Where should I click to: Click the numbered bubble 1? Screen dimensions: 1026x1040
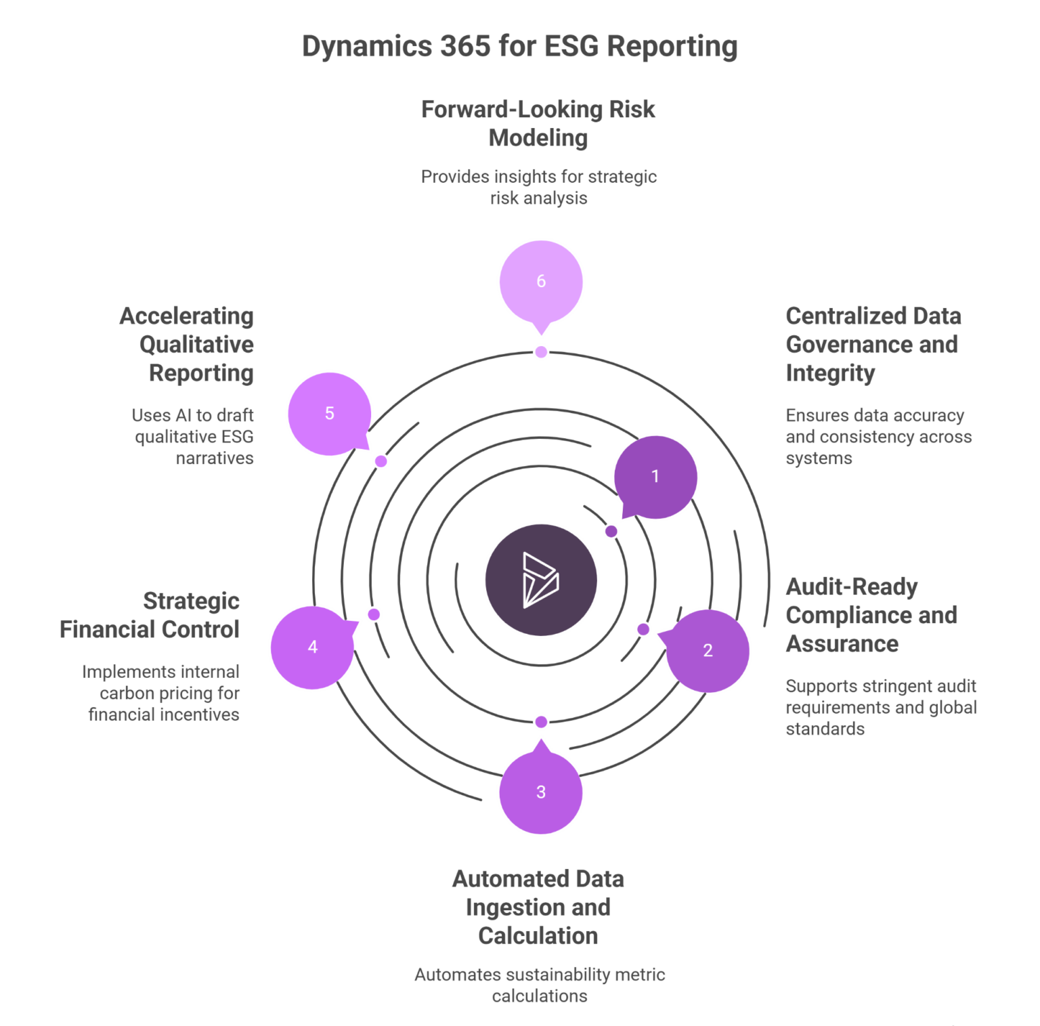655,477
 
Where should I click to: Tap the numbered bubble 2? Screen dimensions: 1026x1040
708,651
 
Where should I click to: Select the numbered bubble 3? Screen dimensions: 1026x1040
540,792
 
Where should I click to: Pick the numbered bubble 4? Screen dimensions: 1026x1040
312,647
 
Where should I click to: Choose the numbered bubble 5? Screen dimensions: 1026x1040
330,414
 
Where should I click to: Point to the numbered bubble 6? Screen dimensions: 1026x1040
540,282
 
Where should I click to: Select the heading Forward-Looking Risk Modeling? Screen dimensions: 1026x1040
538,123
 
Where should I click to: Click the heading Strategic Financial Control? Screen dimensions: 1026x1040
150,615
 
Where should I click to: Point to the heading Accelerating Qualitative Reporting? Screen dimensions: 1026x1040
187,344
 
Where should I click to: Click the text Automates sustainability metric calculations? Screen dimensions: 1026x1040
540,985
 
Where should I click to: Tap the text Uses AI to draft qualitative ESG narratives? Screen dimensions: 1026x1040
194,436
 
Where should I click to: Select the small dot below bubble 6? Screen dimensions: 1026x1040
540,352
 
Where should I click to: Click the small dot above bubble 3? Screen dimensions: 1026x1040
540,722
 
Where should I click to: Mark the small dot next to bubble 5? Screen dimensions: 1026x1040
381,461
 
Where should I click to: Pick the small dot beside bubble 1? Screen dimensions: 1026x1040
611,532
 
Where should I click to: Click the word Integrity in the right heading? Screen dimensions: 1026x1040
830,373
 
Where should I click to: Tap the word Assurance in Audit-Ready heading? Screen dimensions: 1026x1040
842,643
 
